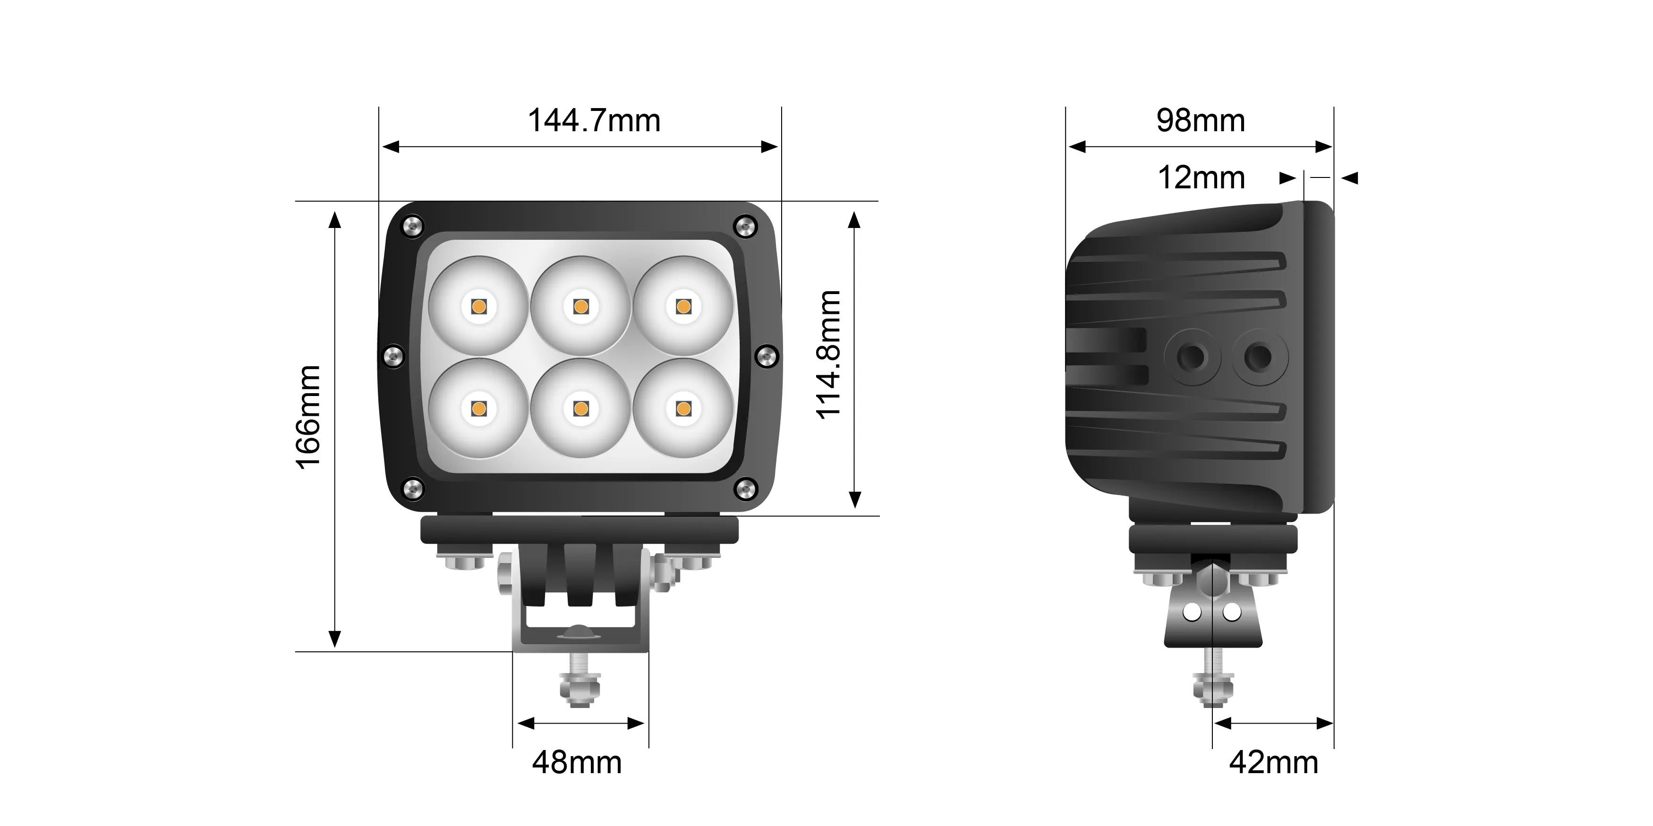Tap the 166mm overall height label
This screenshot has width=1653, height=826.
point(308,417)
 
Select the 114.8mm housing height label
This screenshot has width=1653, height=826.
point(828,354)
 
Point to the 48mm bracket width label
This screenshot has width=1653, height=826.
point(577,762)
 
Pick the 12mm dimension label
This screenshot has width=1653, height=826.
point(1201,177)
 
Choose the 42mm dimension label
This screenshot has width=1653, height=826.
point(1274,762)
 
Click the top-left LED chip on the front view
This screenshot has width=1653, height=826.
point(478,306)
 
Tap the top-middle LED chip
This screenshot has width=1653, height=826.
point(581,306)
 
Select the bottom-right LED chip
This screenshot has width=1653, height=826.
point(683,408)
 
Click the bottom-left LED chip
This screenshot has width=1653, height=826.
point(478,408)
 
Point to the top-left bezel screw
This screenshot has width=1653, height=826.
point(411,226)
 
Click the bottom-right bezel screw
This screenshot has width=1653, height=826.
point(744,489)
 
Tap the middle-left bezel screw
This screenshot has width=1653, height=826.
point(393,356)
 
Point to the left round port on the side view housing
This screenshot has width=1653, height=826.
point(1192,356)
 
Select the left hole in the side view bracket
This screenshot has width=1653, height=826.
point(1192,613)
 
